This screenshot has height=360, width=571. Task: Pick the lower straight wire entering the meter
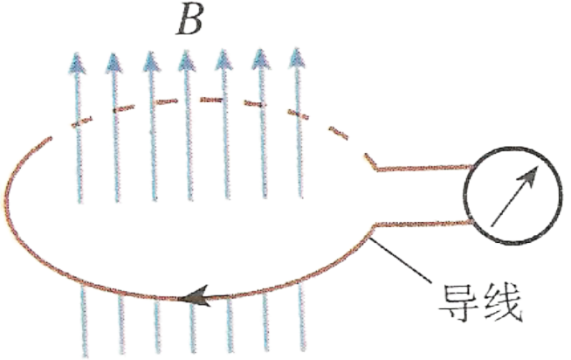tap(423, 227)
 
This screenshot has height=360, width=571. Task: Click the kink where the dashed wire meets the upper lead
tap(375, 166)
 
